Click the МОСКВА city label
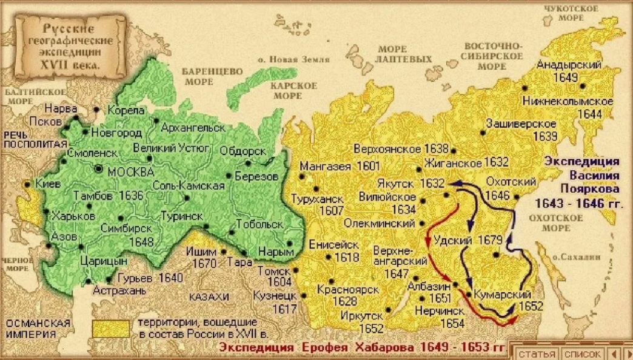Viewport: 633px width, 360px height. [x=130, y=172]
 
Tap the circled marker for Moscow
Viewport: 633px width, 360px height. [x=98, y=170]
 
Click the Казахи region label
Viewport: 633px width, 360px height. [x=209, y=297]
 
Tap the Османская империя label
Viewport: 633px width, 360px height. [x=38, y=328]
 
